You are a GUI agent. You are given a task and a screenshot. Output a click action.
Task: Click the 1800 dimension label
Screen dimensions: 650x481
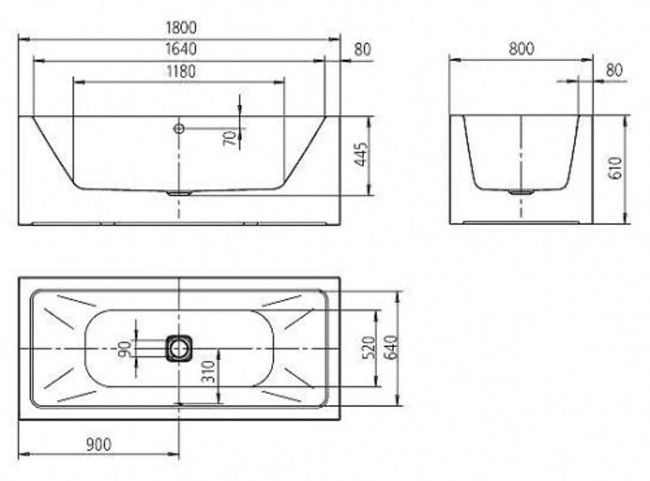click(x=180, y=28)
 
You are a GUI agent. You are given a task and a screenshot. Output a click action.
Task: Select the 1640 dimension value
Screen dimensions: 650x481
click(x=180, y=49)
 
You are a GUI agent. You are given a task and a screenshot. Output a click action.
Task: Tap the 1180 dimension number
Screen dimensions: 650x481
click(x=180, y=71)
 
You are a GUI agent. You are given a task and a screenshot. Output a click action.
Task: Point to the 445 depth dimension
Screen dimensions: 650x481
click(x=361, y=154)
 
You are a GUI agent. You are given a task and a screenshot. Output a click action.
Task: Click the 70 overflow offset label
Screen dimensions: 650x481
click(x=231, y=137)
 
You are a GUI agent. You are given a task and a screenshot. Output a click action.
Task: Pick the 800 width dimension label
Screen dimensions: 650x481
click(x=521, y=49)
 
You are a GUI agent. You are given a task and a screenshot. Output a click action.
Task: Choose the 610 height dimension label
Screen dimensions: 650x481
click(x=616, y=168)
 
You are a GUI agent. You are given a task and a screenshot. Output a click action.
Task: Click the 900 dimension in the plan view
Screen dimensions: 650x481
click(x=98, y=444)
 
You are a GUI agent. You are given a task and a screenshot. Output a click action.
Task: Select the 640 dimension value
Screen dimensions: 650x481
click(x=392, y=348)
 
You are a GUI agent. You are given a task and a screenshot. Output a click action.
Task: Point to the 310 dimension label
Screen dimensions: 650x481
click(x=210, y=371)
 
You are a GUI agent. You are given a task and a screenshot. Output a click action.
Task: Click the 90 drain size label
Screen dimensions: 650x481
click(x=125, y=349)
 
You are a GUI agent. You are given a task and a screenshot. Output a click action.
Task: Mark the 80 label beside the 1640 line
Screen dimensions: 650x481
click(x=362, y=50)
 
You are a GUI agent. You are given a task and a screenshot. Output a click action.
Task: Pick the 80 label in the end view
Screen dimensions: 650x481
click(x=614, y=71)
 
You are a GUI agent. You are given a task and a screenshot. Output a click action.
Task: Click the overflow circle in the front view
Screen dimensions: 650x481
click(x=179, y=128)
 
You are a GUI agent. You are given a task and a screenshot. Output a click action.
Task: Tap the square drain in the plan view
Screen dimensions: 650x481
click(x=179, y=349)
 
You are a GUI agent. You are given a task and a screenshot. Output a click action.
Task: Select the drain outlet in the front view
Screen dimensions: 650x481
click(x=179, y=193)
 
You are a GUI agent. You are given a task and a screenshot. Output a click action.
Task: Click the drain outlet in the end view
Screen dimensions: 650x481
click(x=521, y=192)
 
